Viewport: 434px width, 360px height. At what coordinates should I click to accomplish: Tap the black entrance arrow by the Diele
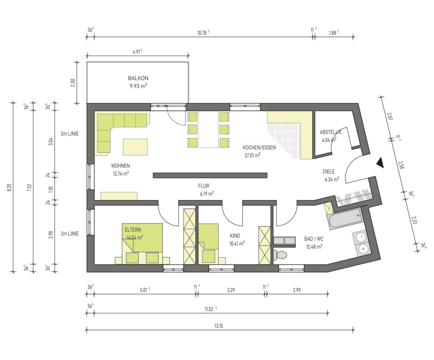tap(381, 163)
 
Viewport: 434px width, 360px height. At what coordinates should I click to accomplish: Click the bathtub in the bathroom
tap(345, 219)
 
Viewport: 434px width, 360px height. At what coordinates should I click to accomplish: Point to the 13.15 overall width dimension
tap(218, 326)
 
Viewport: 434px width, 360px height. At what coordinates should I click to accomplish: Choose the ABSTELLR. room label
tap(331, 132)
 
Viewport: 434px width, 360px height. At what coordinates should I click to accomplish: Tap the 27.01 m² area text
tap(252, 155)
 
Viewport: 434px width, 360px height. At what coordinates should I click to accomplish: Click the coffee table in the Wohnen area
tap(135, 147)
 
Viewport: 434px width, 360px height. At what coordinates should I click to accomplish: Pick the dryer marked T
tap(360, 237)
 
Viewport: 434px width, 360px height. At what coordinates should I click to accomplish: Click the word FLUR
tap(204, 186)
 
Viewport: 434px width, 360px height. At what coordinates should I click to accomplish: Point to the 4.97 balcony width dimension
tap(137, 52)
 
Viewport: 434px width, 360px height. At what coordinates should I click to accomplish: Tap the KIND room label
tap(235, 236)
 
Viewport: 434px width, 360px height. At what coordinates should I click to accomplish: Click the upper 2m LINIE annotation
tap(70, 133)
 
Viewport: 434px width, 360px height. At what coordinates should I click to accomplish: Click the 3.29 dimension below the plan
tap(231, 290)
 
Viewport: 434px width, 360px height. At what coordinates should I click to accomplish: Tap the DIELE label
tap(329, 172)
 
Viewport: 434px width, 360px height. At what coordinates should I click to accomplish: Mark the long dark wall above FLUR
tap(210, 175)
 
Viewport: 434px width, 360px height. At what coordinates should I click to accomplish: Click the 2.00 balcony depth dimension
tap(73, 83)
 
